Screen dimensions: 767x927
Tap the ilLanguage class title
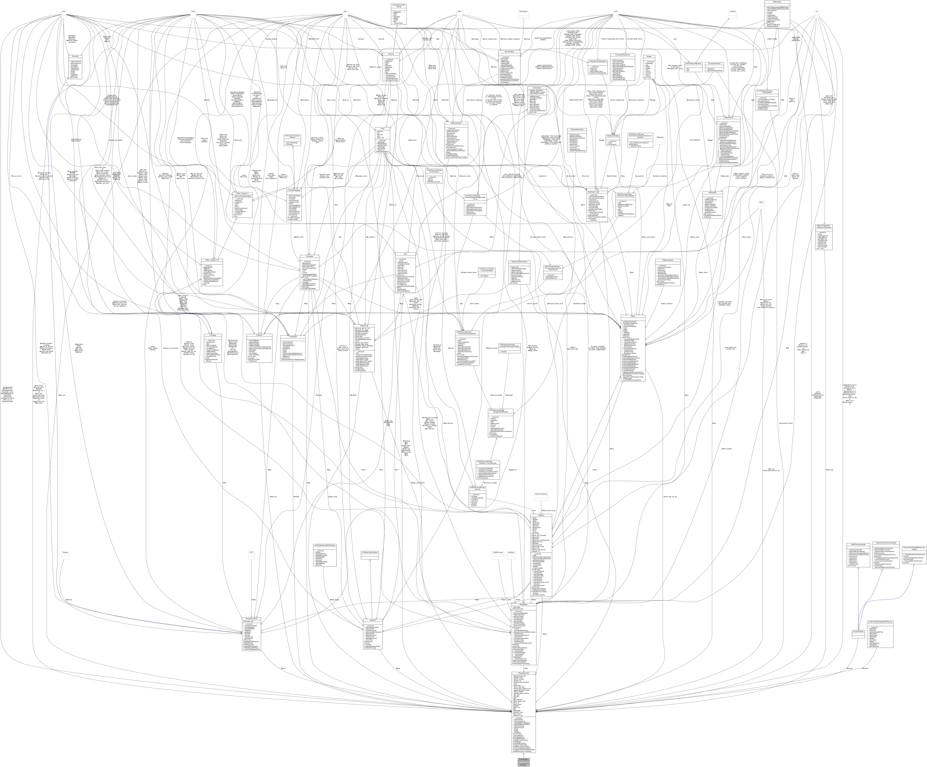(309, 256)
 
